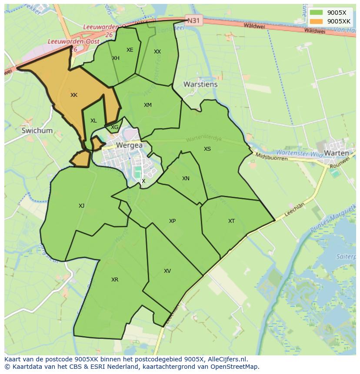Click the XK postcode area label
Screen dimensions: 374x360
click(74, 95)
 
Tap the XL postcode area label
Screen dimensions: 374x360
click(93, 121)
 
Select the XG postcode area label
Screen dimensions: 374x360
click(114, 127)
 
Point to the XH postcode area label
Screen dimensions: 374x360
click(116, 58)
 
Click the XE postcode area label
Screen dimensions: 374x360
click(130, 50)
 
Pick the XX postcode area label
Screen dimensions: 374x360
click(157, 52)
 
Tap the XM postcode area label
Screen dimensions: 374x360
click(148, 105)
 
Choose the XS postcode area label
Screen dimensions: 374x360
click(207, 149)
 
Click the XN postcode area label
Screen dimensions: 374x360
click(186, 179)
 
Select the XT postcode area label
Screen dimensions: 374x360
click(231, 221)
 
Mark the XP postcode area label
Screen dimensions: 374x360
click(172, 221)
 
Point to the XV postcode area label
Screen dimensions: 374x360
click(167, 271)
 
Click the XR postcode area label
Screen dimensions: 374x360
click(115, 280)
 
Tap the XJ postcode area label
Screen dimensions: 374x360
click(82, 206)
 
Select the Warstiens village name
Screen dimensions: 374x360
click(200, 84)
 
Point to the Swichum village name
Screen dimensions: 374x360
click(37, 130)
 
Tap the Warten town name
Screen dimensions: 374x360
click(337, 153)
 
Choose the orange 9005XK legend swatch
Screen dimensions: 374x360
click(316, 21)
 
